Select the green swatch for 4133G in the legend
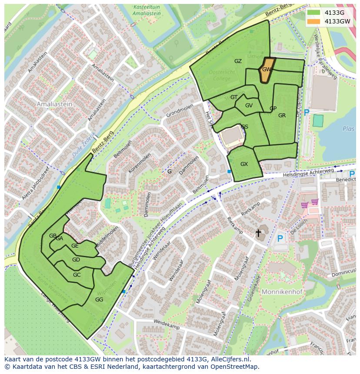(313, 13)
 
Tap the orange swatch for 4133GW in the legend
(313, 21)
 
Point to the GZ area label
(238, 61)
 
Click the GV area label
(249, 106)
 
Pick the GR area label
(282, 116)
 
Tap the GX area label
(244, 164)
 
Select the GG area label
(99, 300)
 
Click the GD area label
(76, 260)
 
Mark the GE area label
(75, 246)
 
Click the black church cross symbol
(258, 233)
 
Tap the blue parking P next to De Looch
(280, 238)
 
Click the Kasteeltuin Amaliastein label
(147, 10)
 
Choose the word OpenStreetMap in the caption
(236, 367)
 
